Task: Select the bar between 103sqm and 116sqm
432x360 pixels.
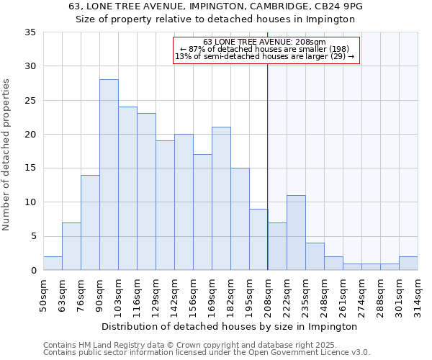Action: point(127,189)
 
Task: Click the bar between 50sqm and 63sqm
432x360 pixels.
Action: point(53,264)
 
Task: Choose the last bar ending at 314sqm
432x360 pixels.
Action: point(408,264)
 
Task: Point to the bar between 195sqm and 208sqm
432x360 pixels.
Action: point(258,240)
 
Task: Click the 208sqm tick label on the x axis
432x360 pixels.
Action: point(269,294)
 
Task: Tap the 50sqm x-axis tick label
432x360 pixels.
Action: point(44,294)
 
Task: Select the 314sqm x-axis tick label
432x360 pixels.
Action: point(418,294)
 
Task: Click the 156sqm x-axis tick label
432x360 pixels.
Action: point(194,294)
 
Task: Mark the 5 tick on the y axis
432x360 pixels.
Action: point(33,236)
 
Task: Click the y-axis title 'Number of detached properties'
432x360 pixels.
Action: point(7,155)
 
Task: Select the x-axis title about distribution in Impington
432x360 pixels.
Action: point(229,326)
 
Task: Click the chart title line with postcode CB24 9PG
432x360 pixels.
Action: point(216,6)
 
